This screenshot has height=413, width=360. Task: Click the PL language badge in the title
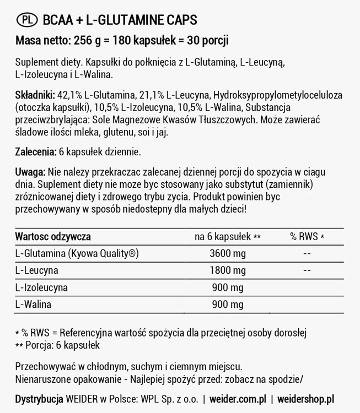[x=27, y=20]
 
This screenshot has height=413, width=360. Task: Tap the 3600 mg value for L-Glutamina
[x=227, y=253]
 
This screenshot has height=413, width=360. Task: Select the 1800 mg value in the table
[x=227, y=270]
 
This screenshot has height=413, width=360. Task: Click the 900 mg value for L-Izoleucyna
[x=227, y=287]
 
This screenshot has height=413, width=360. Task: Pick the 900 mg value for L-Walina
[x=227, y=305]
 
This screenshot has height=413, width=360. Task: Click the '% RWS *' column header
[x=307, y=236]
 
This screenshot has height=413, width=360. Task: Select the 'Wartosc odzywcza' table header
[x=53, y=236]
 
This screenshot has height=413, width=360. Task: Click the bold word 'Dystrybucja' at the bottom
[x=39, y=399]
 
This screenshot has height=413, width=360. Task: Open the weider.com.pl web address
[x=239, y=399]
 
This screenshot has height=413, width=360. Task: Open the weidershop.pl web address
[x=305, y=399]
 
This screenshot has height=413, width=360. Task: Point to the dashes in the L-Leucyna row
[x=307, y=270]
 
